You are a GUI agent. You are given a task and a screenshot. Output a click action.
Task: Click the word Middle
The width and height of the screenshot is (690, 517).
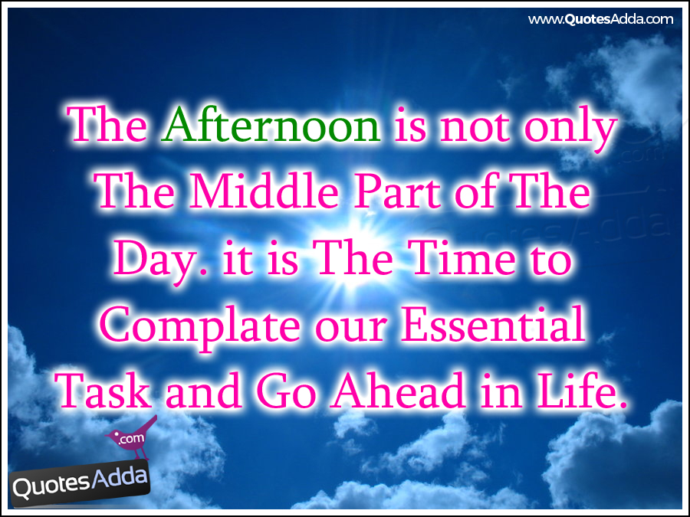pyautogui.click(x=264, y=191)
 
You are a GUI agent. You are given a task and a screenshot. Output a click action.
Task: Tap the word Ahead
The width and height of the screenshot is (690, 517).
pyautogui.click(x=399, y=389)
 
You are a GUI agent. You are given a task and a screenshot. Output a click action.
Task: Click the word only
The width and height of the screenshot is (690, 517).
pyautogui.click(x=570, y=129)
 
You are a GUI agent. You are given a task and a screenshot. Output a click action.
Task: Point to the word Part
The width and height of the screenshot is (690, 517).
pyautogui.click(x=398, y=191)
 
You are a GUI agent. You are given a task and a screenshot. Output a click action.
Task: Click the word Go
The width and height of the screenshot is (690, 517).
pyautogui.click(x=286, y=390)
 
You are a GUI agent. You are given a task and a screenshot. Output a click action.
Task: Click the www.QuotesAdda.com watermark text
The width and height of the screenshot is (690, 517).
pyautogui.click(x=600, y=19)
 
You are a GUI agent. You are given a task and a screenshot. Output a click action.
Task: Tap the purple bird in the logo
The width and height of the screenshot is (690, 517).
pyautogui.click(x=132, y=437)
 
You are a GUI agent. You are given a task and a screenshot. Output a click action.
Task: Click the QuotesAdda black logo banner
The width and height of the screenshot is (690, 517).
pyautogui.click(x=80, y=486)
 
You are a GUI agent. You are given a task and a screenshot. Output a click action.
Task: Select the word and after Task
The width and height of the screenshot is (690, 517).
pyautogui.click(x=203, y=390)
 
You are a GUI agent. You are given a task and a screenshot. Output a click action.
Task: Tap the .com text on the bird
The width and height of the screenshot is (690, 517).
pyautogui.click(x=131, y=438)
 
